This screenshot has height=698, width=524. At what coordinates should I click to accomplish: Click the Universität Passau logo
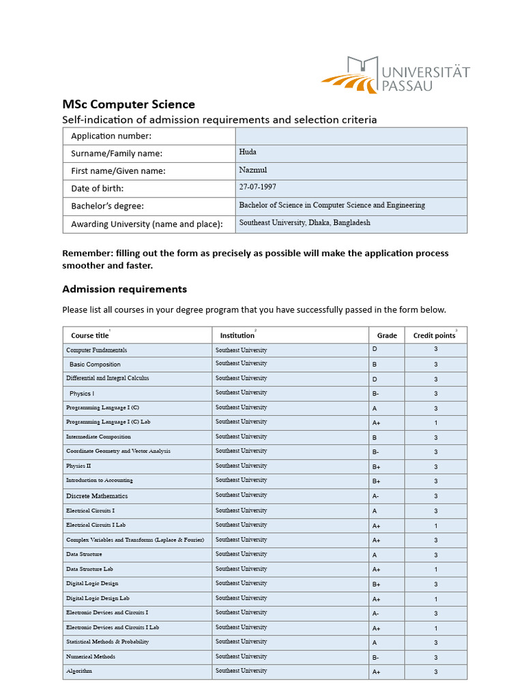point(396,75)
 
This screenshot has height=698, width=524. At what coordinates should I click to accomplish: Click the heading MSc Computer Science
point(128,104)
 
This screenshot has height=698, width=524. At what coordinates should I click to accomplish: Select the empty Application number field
point(351,136)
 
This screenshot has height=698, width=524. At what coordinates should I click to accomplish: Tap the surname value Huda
point(248,152)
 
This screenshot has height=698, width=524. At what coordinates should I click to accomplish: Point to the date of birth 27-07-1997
point(257,187)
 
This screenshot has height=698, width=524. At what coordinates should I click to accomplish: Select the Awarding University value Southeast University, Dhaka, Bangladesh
point(304,223)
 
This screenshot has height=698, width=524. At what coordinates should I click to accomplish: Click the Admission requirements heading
point(124,289)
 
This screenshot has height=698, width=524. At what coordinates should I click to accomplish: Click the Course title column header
point(89,335)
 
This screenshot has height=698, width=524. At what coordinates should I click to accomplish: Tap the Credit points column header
point(434,335)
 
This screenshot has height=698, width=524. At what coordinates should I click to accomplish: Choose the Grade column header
point(387,335)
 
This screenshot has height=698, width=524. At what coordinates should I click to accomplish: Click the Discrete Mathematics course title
point(97,496)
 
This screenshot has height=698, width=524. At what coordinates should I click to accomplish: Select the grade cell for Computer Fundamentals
point(386,350)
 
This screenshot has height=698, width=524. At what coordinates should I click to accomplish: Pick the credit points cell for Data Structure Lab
point(435,569)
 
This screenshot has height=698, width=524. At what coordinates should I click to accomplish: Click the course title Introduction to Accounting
point(100,481)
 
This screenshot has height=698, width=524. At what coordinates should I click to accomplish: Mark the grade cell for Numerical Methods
point(386,657)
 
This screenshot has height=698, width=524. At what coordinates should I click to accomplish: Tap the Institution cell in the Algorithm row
point(290,671)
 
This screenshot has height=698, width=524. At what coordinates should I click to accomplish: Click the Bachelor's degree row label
point(108,206)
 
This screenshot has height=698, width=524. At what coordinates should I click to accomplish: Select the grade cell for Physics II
point(386,467)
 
